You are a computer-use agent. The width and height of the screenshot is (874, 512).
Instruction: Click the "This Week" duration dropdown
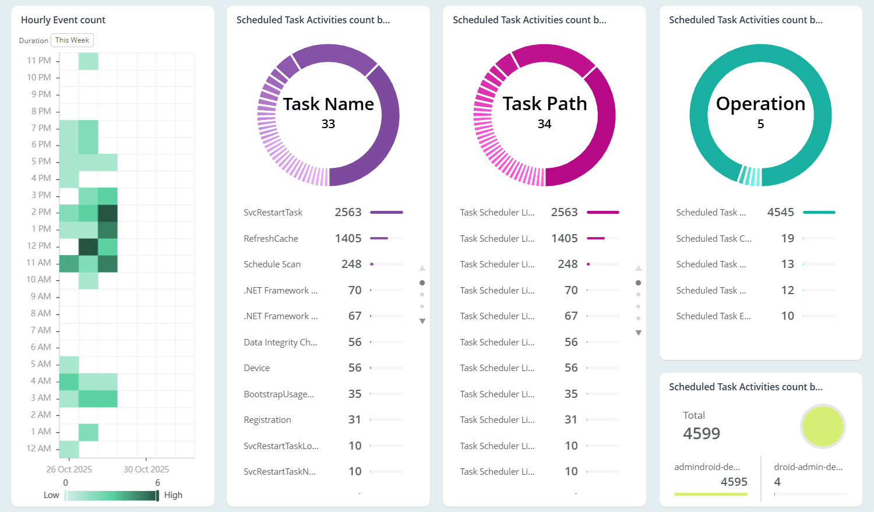click(72, 40)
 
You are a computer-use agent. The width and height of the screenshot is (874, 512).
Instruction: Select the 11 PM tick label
click(39, 61)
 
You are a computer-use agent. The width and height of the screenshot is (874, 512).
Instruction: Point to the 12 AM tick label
click(39, 449)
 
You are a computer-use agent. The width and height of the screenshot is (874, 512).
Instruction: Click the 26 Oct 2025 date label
click(69, 469)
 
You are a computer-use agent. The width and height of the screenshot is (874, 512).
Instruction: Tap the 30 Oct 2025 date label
click(146, 469)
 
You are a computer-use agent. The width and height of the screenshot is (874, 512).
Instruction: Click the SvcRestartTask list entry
click(273, 213)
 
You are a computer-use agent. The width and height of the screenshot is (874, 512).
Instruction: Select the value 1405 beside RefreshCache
click(348, 238)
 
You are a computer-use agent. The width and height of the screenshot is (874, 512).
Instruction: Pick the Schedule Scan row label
click(272, 264)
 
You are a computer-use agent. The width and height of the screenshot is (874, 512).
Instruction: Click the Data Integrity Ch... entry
click(280, 342)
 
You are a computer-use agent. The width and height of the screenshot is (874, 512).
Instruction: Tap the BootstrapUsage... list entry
click(279, 394)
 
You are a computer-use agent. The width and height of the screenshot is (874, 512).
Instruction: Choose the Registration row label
click(267, 420)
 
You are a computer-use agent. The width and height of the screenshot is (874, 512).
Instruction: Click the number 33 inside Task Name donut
click(328, 124)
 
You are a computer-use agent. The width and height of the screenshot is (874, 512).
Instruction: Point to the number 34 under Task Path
click(544, 124)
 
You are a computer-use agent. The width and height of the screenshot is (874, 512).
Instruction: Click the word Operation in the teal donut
click(760, 104)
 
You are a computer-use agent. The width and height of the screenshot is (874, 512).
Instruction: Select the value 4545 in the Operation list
click(780, 213)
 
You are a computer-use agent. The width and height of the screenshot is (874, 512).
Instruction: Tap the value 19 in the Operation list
click(787, 238)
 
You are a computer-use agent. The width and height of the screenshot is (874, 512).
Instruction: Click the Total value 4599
click(702, 433)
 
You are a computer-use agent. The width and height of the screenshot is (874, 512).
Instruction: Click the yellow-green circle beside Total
click(823, 426)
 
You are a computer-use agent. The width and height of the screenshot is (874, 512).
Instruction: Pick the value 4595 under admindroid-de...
click(734, 482)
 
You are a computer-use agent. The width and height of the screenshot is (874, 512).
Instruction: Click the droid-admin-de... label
click(808, 467)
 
